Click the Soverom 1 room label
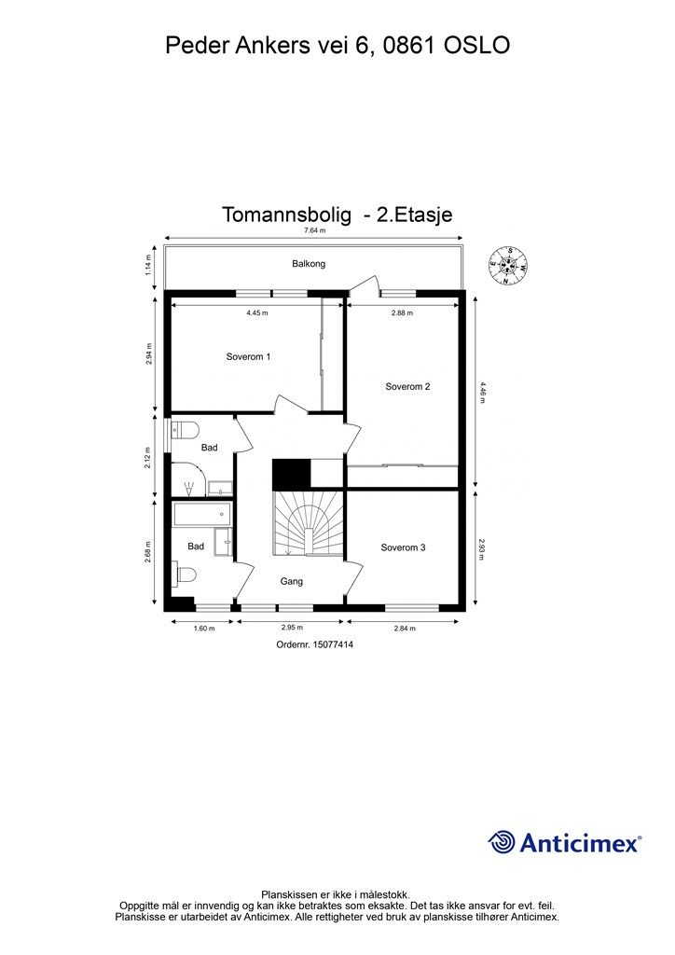click(248, 357)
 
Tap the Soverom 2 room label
click(407, 386)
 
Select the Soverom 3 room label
click(403, 547)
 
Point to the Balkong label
click(309, 264)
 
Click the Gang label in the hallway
click(292, 581)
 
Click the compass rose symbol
click(508, 265)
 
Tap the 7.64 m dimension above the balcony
click(313, 230)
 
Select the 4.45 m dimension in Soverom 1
click(257, 313)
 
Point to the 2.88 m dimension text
click(402, 313)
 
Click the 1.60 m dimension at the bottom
click(203, 629)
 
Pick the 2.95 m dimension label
click(293, 629)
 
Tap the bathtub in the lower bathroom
click(201, 513)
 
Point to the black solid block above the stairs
click(290, 474)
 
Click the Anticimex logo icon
click(502, 842)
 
